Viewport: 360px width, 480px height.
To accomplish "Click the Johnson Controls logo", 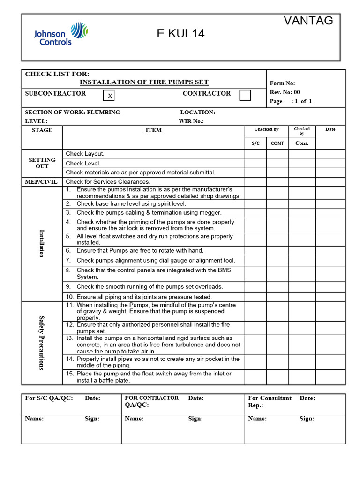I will pyautogui.click(x=60, y=34).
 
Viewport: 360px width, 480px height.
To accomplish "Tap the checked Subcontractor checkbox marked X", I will pyautogui.click(x=110, y=96).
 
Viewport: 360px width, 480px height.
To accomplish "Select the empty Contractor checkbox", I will pyautogui.click(x=245, y=95).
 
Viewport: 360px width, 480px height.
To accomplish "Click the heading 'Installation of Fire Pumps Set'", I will pyautogui.click(x=144, y=82).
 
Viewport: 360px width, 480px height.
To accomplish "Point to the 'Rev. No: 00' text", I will pyautogui.click(x=285, y=92).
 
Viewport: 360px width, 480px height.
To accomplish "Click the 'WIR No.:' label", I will pyautogui.click(x=191, y=121).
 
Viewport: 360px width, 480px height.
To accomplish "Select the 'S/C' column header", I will pyautogui.click(x=255, y=143).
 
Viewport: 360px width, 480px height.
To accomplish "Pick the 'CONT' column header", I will pyautogui.click(x=277, y=143).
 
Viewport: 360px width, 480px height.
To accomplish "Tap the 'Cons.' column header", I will pyautogui.click(x=302, y=143).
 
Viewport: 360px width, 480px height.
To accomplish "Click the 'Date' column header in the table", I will pyautogui.click(x=330, y=129).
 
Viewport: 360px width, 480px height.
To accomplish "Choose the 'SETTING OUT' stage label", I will pyautogui.click(x=42, y=163).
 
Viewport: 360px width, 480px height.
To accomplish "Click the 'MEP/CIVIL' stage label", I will pyautogui.click(x=42, y=182).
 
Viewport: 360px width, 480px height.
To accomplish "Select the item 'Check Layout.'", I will pyautogui.click(x=85, y=154).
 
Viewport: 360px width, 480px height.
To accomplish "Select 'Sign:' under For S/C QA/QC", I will pyautogui.click(x=92, y=419).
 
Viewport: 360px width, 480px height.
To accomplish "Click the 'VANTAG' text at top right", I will pyautogui.click(x=308, y=21).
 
